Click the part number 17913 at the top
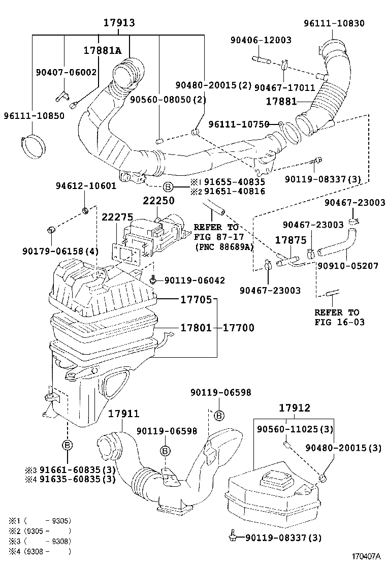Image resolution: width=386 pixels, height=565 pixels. pos(119,23)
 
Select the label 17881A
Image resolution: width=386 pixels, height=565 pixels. pos(103,50)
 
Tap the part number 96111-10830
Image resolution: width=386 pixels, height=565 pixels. pos(334,23)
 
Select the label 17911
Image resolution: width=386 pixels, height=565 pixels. pos(123,414)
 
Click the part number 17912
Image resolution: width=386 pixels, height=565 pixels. pos(295,407)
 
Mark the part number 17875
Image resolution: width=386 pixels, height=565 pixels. pos(291,239)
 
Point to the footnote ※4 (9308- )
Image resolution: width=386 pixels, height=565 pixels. pos(39,551)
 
